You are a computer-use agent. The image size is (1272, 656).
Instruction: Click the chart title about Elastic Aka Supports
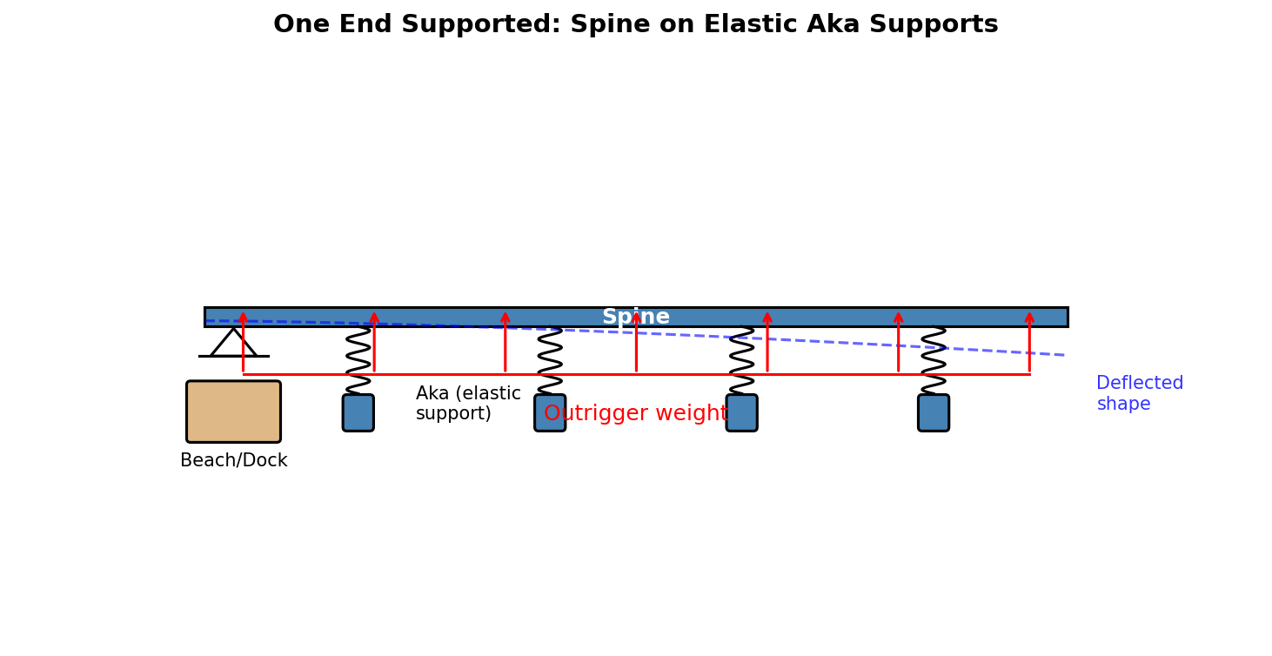(x=635, y=24)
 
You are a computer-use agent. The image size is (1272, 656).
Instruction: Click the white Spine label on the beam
(x=635, y=317)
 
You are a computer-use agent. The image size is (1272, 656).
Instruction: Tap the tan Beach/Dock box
(x=233, y=412)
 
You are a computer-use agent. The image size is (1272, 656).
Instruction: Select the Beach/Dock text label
(x=233, y=460)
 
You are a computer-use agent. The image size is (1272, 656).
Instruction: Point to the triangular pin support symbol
(x=233, y=343)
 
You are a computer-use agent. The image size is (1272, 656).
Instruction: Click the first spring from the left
(x=358, y=360)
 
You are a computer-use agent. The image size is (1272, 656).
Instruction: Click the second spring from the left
(x=550, y=360)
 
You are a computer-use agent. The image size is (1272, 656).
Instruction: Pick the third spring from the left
(x=741, y=360)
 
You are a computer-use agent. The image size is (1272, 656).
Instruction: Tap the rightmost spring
(x=934, y=360)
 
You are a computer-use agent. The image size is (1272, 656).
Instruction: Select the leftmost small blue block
(x=358, y=412)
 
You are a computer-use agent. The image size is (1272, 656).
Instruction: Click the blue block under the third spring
(x=741, y=412)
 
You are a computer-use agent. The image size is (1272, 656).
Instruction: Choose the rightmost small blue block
(x=934, y=412)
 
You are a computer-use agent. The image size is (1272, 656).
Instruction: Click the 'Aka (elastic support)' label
(x=467, y=404)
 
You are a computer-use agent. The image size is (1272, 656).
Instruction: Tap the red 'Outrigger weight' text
(x=635, y=414)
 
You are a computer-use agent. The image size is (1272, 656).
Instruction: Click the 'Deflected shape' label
(x=1139, y=393)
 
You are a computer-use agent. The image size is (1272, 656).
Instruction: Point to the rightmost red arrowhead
(x=1029, y=318)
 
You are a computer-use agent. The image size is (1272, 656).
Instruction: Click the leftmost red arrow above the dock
(x=243, y=344)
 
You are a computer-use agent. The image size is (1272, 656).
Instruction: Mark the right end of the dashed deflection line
(x=1063, y=355)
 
